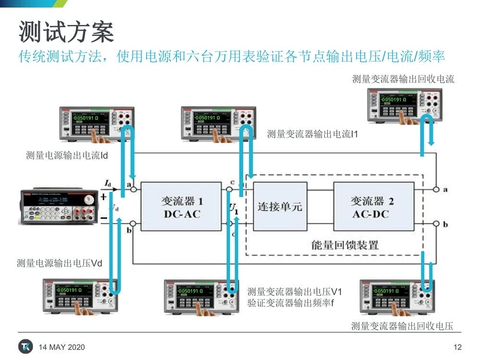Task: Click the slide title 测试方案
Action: click(66, 32)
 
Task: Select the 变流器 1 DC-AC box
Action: click(181, 207)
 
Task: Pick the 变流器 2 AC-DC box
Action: click(373, 207)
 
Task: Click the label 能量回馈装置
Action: click(345, 245)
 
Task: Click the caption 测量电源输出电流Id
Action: click(67, 156)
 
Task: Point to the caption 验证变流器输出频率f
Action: click(290, 303)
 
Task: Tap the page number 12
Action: click(457, 347)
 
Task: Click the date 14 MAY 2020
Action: click(61, 347)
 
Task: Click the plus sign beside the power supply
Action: click(103, 196)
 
